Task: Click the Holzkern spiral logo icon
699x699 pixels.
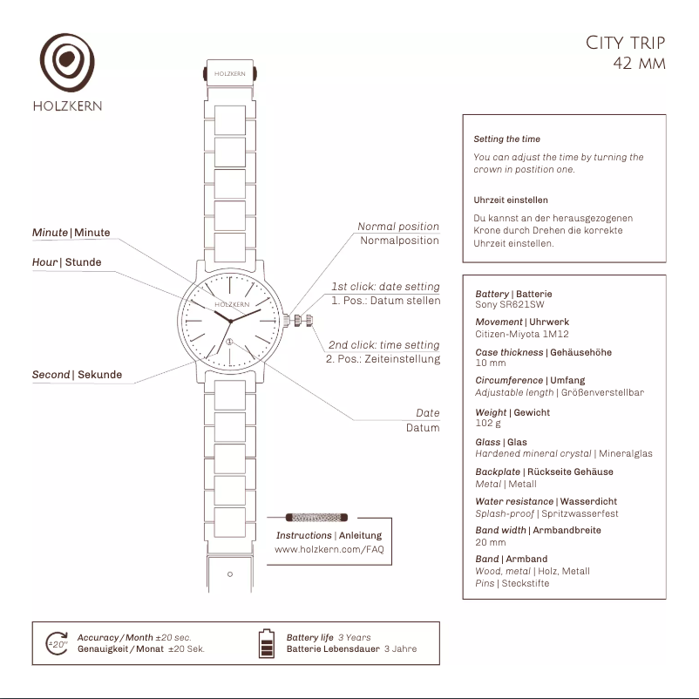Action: point(67,63)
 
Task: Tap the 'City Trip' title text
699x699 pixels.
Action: point(625,43)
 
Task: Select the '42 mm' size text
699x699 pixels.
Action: point(639,64)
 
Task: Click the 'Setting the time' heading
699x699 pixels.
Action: point(506,139)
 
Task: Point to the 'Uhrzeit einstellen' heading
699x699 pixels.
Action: point(510,200)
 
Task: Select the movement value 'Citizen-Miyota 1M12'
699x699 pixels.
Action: point(522,334)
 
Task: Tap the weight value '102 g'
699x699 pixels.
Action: point(488,423)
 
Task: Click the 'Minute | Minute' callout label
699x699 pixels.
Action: point(71,233)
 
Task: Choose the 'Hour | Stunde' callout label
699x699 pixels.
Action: point(66,262)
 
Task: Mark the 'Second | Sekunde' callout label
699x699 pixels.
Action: point(77,375)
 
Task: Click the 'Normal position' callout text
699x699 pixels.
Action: point(398,227)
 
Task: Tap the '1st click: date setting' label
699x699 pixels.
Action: point(385,287)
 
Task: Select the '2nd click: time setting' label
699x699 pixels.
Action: point(383,345)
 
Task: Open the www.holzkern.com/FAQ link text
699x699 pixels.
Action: point(329,550)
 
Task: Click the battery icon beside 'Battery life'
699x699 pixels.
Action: point(267,643)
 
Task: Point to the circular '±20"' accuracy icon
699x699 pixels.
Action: point(57,643)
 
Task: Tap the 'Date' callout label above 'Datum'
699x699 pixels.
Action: point(427,413)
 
